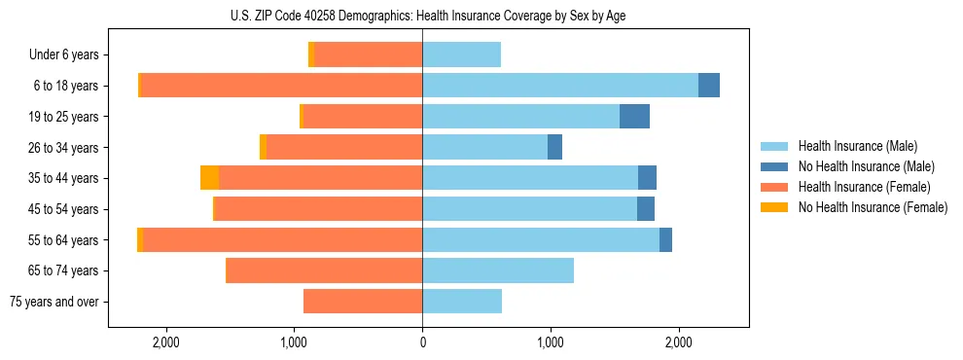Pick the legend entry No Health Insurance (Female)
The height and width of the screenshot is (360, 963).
[x=873, y=207]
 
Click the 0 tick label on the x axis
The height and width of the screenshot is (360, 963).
[x=422, y=342]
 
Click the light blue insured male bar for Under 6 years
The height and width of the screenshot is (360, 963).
[x=461, y=54]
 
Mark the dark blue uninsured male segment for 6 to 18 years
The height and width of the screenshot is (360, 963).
[x=709, y=86]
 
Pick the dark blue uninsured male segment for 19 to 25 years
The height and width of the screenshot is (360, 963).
[x=634, y=117]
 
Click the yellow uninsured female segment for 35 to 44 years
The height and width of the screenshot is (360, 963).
[x=209, y=178]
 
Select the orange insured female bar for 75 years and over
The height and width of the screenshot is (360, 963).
[x=363, y=302]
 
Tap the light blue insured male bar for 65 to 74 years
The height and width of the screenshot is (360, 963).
[x=498, y=270]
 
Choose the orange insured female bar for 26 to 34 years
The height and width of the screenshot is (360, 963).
[x=344, y=147]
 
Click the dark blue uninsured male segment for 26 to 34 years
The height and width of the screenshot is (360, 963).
[x=554, y=147]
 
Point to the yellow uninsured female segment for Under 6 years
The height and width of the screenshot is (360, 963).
[x=311, y=54]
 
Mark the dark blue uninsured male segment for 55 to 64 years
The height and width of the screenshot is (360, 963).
[x=665, y=239]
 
